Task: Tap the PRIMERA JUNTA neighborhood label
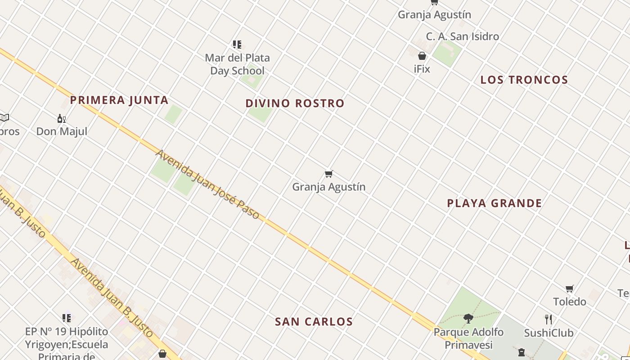[x=119, y=100]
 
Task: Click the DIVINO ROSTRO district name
[x=295, y=103]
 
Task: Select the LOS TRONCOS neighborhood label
[x=524, y=80]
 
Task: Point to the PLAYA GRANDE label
[x=494, y=203]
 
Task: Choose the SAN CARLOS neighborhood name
[x=314, y=321]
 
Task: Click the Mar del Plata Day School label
[x=237, y=64]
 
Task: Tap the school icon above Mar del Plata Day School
[x=237, y=44]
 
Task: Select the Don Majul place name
[x=62, y=131]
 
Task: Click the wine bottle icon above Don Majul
[x=62, y=119]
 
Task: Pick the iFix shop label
[x=422, y=69]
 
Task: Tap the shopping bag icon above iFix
[x=422, y=56]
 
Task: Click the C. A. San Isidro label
[x=462, y=36]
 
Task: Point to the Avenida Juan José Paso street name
[x=207, y=184]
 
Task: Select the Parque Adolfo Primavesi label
[x=468, y=338]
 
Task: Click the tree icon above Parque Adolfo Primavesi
[x=468, y=319]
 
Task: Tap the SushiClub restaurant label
[x=549, y=333]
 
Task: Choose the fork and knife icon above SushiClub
[x=549, y=319]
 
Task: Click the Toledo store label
[x=569, y=301]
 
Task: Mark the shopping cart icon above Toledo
[x=570, y=288]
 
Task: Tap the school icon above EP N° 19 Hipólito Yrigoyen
[x=67, y=318]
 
